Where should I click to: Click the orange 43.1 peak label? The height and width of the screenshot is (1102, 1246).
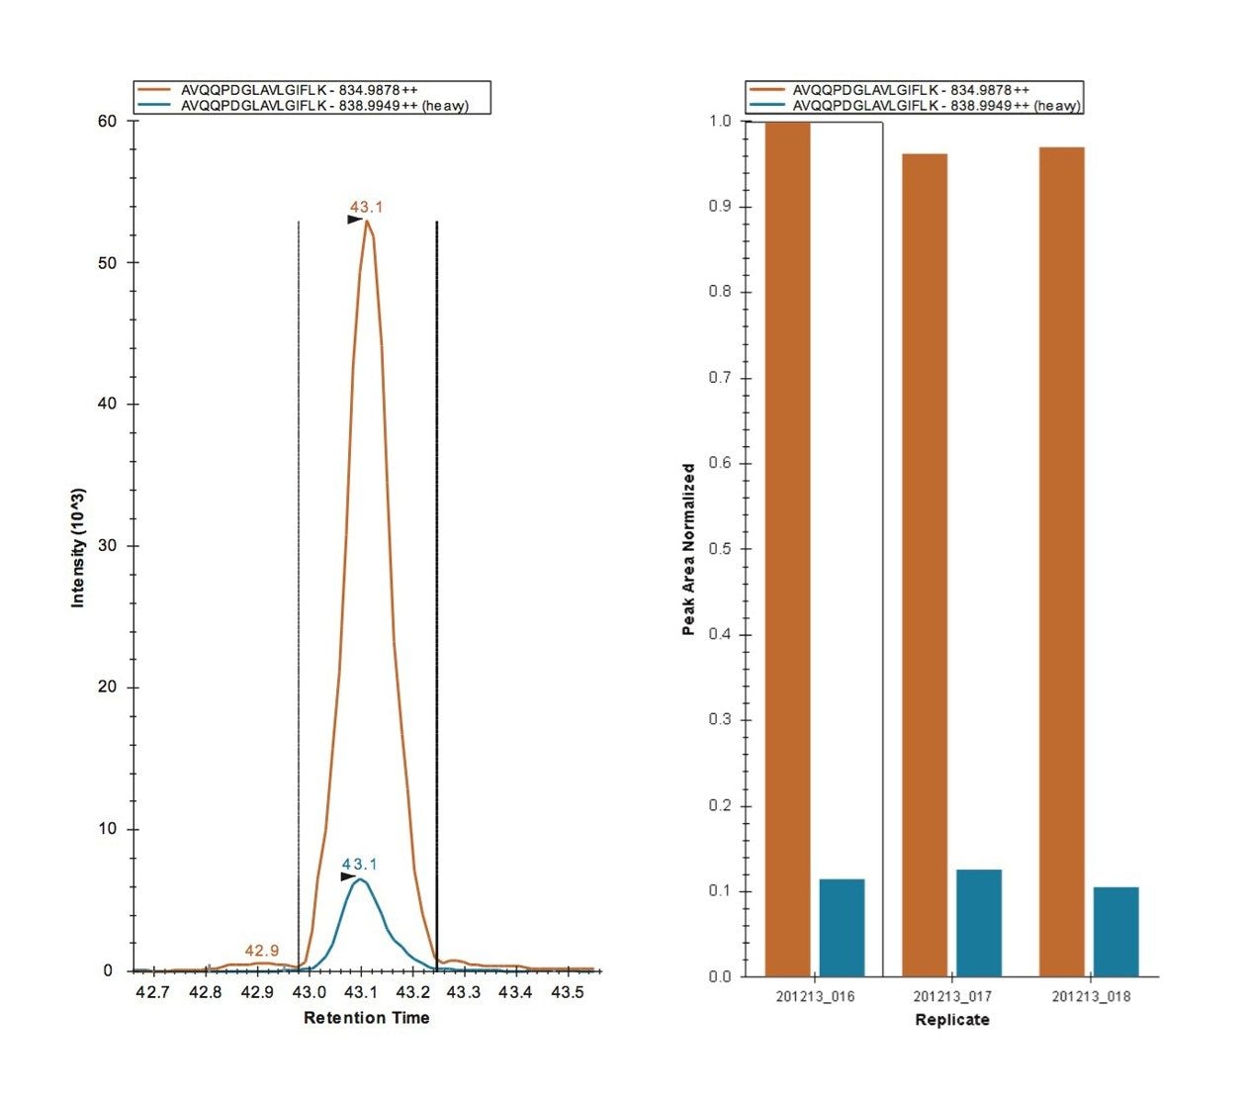pos(366,208)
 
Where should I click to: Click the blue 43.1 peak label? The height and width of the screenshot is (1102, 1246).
pos(360,865)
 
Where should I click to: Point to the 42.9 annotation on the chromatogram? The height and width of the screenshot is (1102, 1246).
pos(262,951)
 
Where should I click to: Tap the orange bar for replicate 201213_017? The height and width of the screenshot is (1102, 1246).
pos(925,564)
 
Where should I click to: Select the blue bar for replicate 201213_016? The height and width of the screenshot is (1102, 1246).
pos(842,927)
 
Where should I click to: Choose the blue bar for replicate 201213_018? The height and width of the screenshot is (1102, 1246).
pos(1115,931)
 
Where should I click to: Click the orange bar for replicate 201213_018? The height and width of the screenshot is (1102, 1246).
pos(1061,561)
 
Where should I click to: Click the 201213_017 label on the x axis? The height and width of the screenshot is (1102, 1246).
pos(951,996)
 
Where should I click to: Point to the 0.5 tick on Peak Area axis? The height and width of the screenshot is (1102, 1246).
pos(720,549)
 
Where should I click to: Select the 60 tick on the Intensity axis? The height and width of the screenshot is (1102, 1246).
pos(107,122)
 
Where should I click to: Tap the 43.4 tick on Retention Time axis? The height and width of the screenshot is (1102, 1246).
pos(515,992)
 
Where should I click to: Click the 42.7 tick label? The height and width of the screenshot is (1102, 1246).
pos(152,992)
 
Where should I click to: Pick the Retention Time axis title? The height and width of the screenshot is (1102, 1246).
pos(366,1018)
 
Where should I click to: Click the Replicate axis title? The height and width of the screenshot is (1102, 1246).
pos(951,1020)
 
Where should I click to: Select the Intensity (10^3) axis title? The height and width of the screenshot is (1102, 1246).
pos(78,547)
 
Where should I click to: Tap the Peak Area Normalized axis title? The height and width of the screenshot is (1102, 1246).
pos(688,549)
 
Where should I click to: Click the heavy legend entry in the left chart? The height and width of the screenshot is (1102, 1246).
pos(324,106)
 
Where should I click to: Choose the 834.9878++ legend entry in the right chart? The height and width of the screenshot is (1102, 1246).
pos(911,90)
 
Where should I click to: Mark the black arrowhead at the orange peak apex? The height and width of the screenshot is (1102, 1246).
pos(354,220)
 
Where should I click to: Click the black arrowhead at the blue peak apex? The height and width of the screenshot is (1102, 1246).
pos(348,876)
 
